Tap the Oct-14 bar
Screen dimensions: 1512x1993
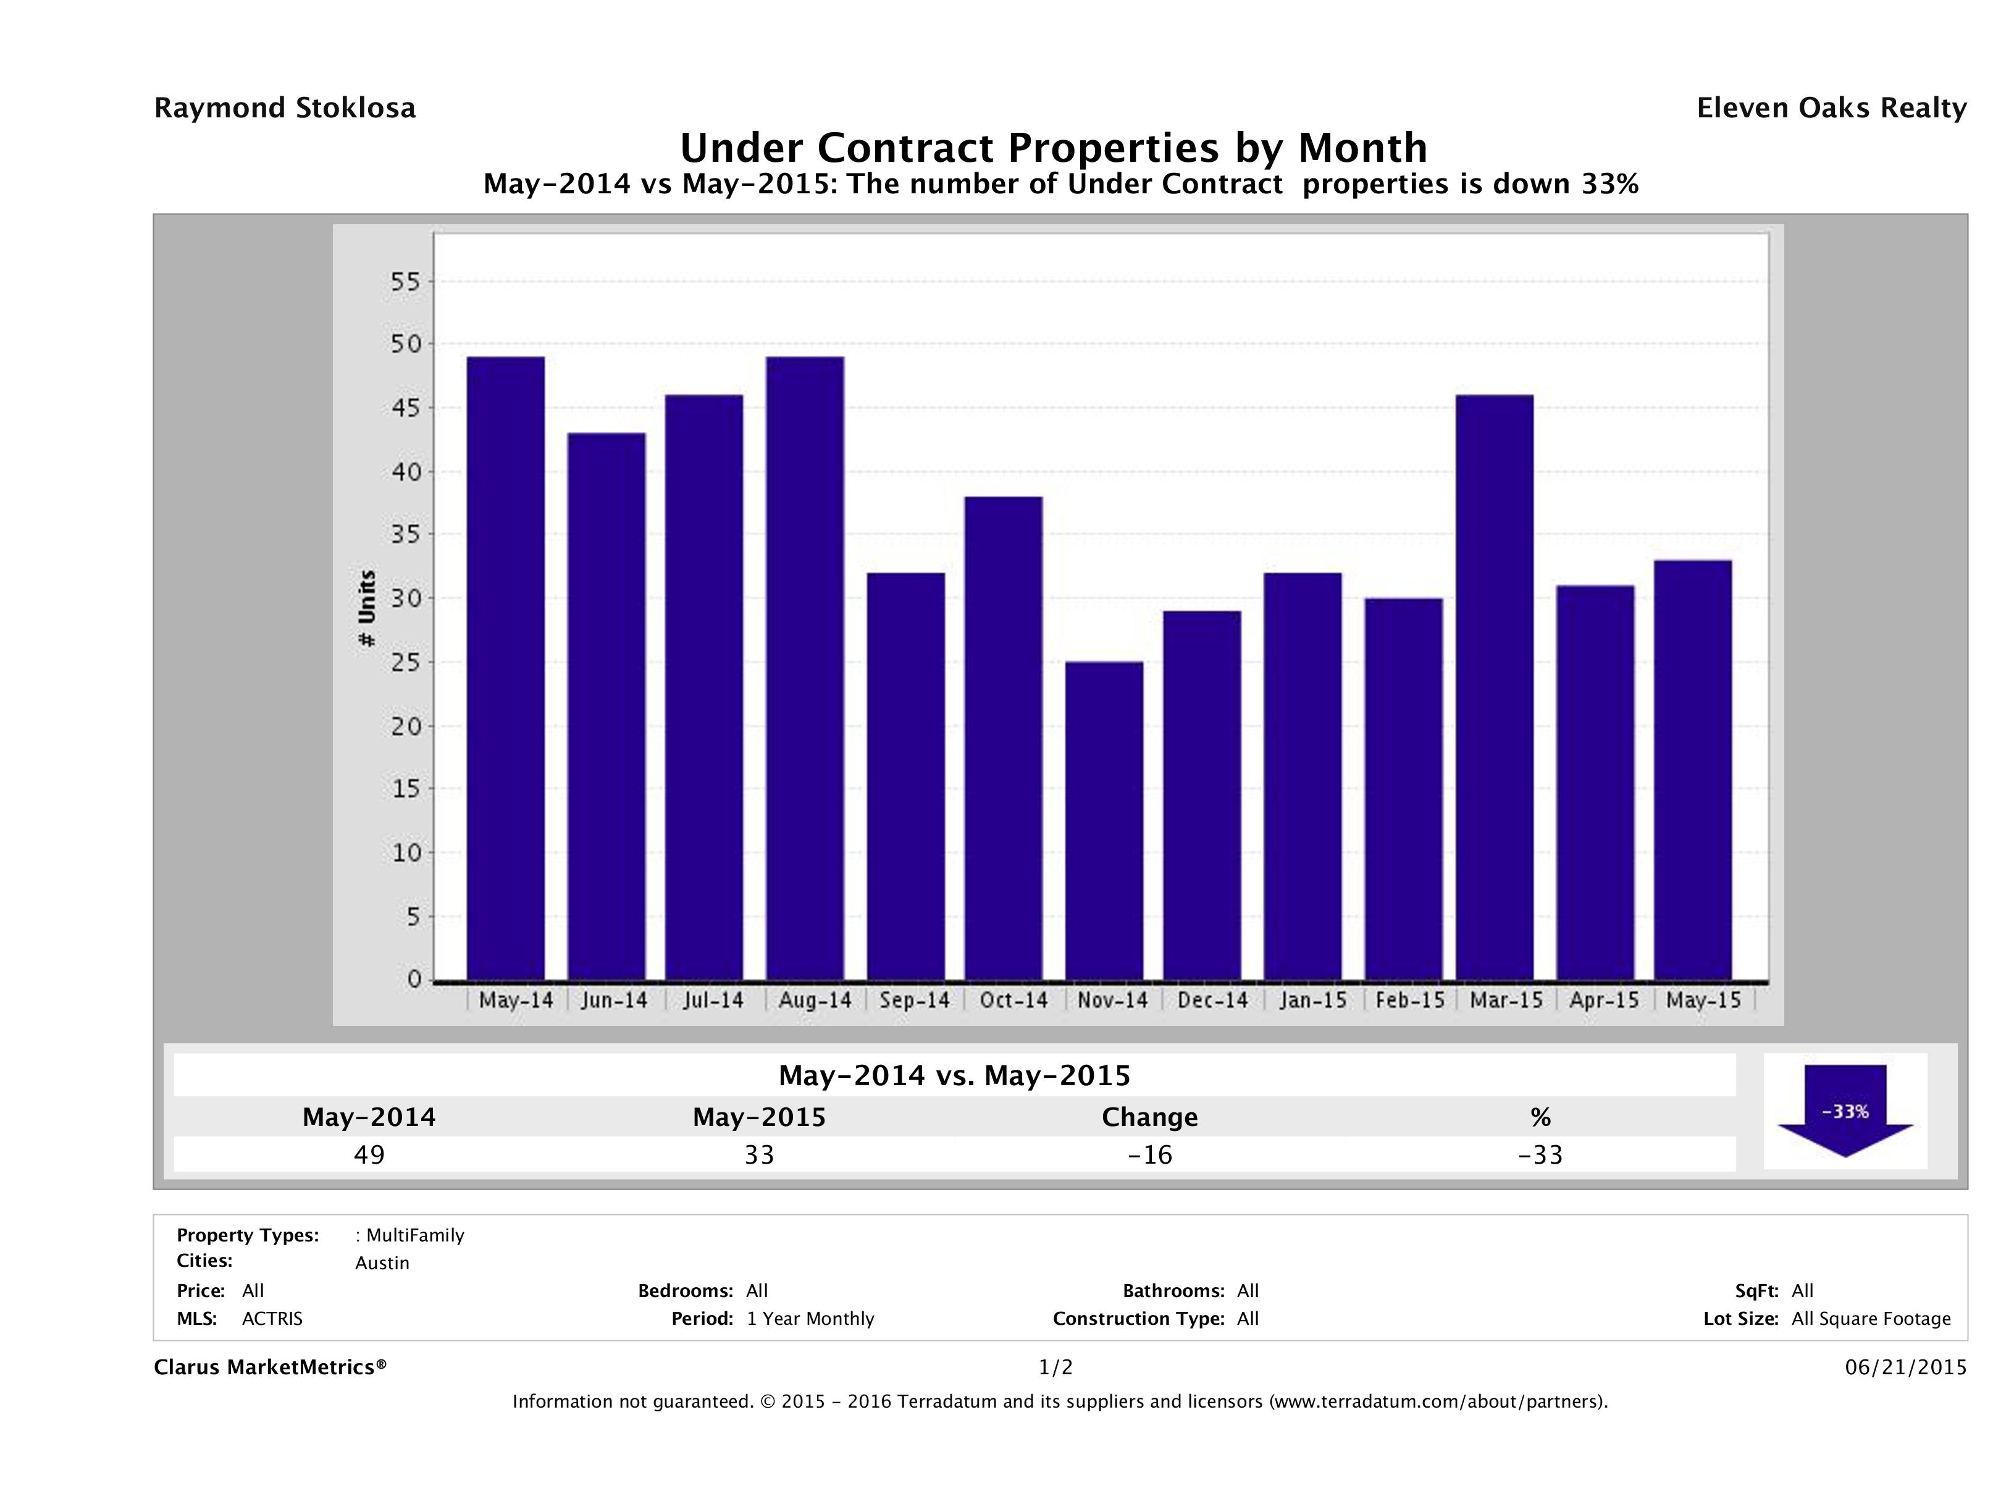1004,738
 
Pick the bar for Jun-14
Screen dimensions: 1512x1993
606,707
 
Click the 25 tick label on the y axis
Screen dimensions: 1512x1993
405,662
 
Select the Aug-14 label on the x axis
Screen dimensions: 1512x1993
815,1000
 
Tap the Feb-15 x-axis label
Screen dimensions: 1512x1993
1410,1000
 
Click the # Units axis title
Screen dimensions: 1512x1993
367,608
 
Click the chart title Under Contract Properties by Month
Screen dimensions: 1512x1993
1052,147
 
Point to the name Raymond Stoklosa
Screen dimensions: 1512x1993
285,108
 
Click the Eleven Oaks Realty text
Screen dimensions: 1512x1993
1831,108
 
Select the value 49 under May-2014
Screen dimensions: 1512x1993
369,1155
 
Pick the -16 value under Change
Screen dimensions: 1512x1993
1150,1155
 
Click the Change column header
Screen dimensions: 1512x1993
1150,1117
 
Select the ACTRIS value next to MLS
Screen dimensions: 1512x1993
272,1319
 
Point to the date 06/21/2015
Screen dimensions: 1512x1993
1905,1368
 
